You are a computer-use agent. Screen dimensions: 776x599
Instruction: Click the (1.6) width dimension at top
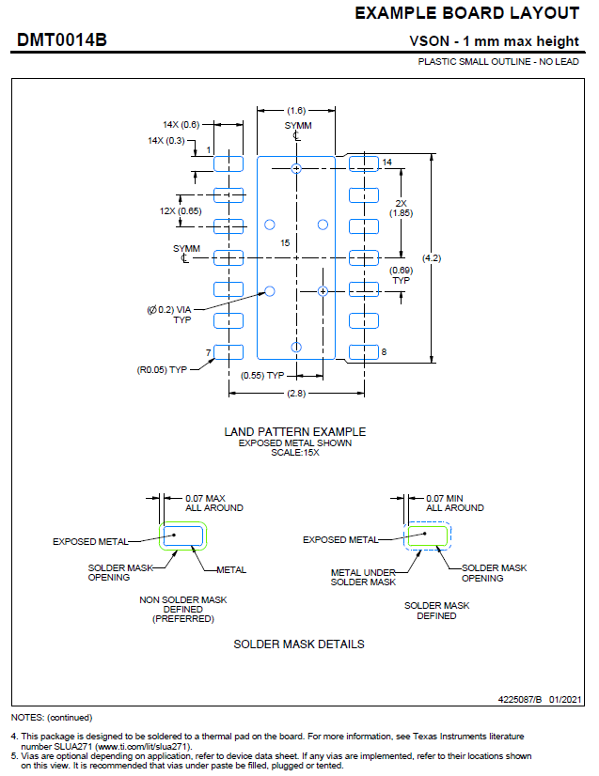pos(296,110)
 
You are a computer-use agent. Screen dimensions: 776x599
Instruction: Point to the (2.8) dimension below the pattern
pos(295,394)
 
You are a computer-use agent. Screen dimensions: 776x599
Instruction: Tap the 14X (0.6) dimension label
pos(181,124)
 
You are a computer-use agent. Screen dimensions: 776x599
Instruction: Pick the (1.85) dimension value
pos(402,213)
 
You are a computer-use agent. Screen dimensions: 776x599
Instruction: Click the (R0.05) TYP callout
pos(162,369)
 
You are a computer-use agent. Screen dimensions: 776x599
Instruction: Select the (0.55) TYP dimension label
pos(263,376)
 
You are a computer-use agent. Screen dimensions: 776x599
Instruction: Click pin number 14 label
pos(386,163)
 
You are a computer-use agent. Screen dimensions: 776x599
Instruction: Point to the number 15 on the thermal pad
pos(285,243)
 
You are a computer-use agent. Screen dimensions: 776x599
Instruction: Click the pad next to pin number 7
pos(229,352)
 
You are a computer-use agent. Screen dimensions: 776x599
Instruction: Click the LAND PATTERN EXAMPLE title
pos(294,431)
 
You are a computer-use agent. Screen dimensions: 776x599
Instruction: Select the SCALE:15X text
pos(294,452)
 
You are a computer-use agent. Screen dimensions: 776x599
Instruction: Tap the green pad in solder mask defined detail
pos(427,536)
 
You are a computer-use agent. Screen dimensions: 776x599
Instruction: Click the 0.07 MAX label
pos(207,498)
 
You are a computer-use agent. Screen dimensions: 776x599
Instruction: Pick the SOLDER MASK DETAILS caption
pos(299,644)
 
